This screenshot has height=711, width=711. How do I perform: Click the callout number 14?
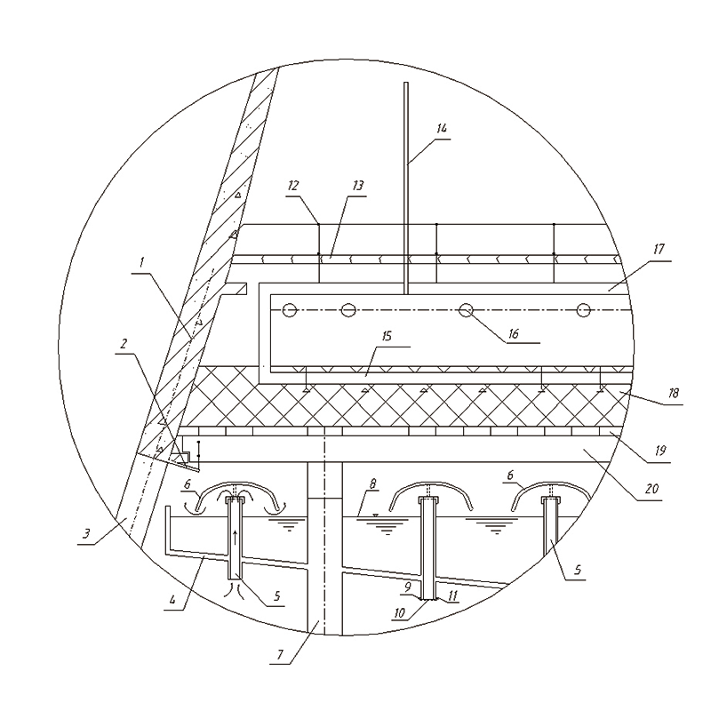click(442, 128)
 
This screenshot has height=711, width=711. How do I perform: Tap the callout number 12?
click(293, 186)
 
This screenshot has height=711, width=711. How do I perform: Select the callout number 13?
click(358, 186)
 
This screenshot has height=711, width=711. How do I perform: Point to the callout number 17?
click(659, 249)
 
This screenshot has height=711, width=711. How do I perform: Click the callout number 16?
click(513, 334)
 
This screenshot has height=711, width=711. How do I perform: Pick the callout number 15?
click(387, 337)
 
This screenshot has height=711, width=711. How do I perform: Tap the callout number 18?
click(674, 393)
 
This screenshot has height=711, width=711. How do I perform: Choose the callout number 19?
click(660, 451)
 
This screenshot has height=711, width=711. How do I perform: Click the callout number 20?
click(651, 488)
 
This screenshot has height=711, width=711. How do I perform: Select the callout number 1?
click(141, 262)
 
